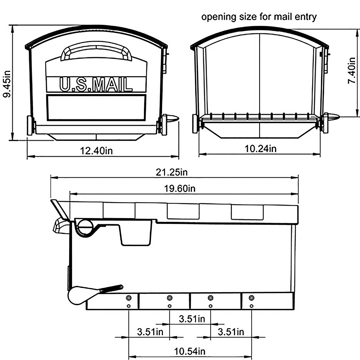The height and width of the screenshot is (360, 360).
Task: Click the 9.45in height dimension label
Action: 7,84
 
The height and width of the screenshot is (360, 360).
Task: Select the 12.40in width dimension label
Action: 96,150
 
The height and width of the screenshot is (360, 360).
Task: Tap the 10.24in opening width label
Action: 260,148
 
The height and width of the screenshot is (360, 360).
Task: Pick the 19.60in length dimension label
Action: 180,188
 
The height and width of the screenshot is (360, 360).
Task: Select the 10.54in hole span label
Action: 190,351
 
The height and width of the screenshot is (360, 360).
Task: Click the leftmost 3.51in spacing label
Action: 150,332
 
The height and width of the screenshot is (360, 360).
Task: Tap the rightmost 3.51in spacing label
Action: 231,332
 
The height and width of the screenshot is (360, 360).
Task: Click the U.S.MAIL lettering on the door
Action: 96,84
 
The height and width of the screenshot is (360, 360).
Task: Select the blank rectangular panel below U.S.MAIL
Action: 96,107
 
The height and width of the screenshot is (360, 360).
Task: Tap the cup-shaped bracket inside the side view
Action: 136,234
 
